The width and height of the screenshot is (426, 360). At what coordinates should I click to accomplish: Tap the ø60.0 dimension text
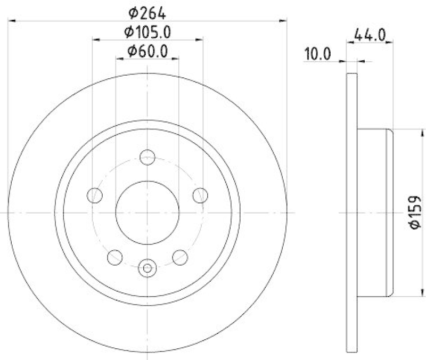[148, 52]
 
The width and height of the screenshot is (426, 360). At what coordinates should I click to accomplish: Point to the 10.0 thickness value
[318, 54]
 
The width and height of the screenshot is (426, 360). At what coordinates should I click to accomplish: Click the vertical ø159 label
[415, 213]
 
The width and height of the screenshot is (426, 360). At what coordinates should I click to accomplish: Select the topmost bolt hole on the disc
[148, 157]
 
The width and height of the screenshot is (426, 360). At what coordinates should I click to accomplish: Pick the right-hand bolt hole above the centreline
[200, 195]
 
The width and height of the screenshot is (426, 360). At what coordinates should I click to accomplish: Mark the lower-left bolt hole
[115, 257]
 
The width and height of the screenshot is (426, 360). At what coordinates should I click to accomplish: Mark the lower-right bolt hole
[180, 257]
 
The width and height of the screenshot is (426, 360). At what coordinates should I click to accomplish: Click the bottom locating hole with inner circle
[148, 268]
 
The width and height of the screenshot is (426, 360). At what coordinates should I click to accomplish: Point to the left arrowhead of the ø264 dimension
[12, 20]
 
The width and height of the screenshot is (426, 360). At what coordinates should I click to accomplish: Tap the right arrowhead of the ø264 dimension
[283, 20]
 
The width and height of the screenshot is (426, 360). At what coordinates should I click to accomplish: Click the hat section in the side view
[374, 212]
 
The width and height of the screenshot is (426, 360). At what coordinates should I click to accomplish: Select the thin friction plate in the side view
[351, 212]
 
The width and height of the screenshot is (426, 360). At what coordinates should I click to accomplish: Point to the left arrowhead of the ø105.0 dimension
[96, 39]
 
